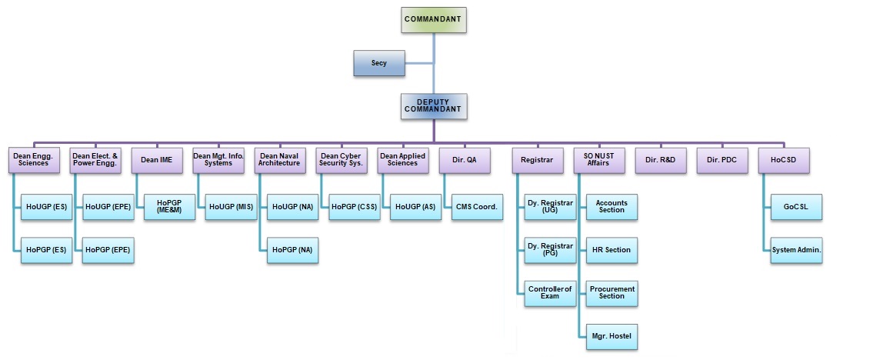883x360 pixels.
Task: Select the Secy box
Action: [x=379, y=63]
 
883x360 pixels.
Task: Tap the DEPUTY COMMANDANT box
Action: [x=434, y=106]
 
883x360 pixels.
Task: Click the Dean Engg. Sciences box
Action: [x=34, y=159]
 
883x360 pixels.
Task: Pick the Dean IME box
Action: [x=156, y=159]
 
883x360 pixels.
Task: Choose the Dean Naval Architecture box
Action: [x=279, y=159]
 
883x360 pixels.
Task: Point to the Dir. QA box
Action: [x=464, y=159]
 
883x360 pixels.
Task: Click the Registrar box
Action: [x=538, y=159]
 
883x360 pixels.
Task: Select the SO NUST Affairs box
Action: [x=599, y=159]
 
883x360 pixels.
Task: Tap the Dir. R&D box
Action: [x=661, y=159]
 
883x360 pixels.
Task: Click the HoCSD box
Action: [x=784, y=159]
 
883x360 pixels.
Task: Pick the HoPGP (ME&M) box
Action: [x=169, y=207]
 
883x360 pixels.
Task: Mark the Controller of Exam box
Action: [x=550, y=293]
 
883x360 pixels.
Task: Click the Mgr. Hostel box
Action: [x=612, y=336]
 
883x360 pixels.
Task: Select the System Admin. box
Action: [x=796, y=250]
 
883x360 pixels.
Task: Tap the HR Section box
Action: [x=612, y=250]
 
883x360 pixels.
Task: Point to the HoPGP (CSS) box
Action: [x=354, y=207]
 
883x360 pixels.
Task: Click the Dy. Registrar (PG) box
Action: [x=550, y=250]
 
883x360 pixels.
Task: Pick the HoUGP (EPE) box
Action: [x=108, y=207]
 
